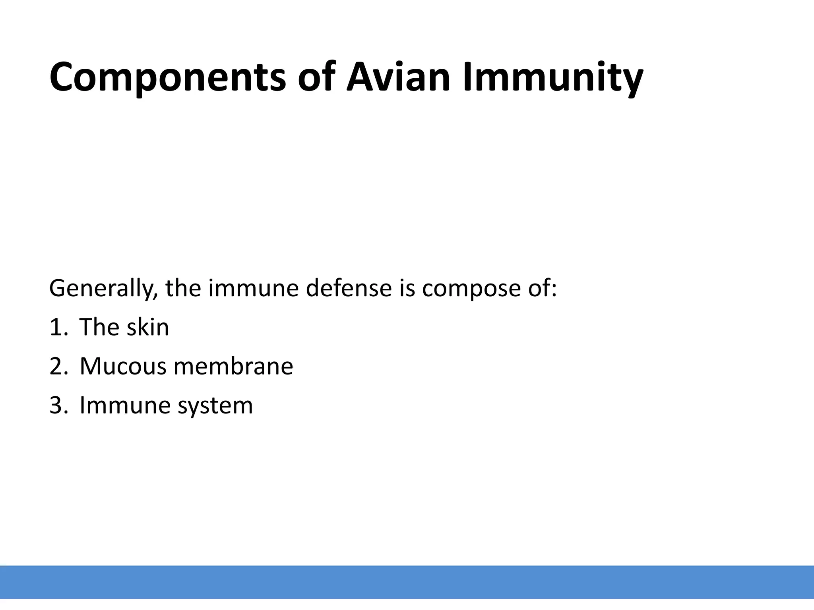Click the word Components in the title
tap(167, 77)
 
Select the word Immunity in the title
tap(553, 77)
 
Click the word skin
tap(147, 327)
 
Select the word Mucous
tap(123, 366)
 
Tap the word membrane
tap(233, 366)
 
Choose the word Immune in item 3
tap(125, 405)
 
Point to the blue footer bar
tap(407, 582)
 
